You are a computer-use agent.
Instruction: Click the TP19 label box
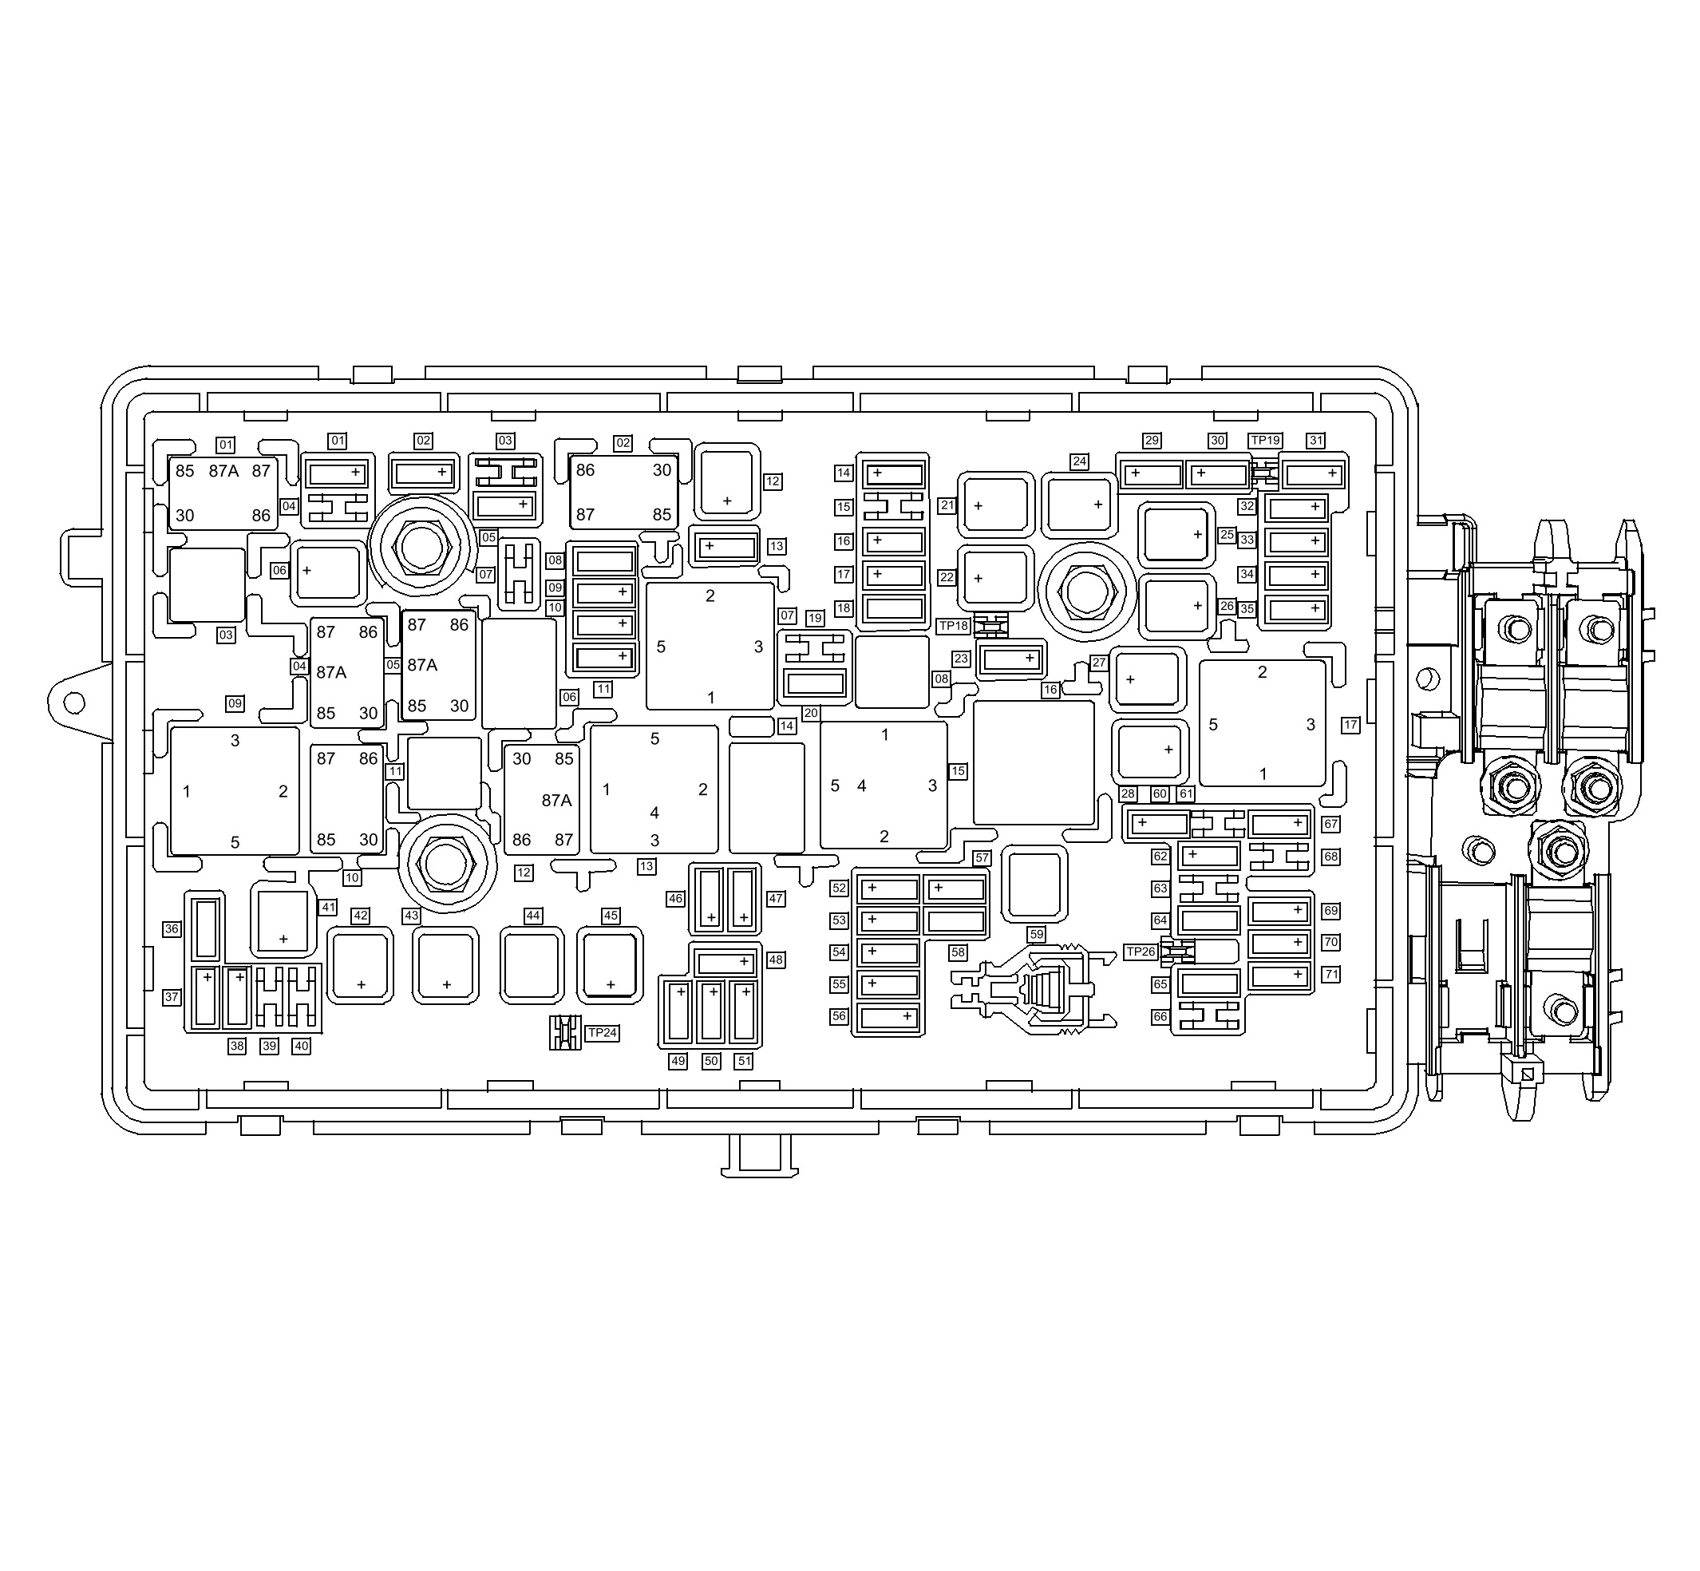point(1265,441)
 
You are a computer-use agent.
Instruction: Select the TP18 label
point(954,626)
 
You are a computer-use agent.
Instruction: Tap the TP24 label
point(602,1032)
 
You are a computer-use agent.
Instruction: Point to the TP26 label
point(1141,952)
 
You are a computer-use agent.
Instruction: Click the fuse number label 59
point(1036,934)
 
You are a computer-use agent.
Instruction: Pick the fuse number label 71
point(1331,974)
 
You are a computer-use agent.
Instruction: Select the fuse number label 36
point(172,928)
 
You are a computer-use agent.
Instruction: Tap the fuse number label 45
point(611,916)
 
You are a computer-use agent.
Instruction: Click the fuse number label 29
point(1152,441)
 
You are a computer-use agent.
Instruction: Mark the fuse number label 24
point(1078,461)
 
